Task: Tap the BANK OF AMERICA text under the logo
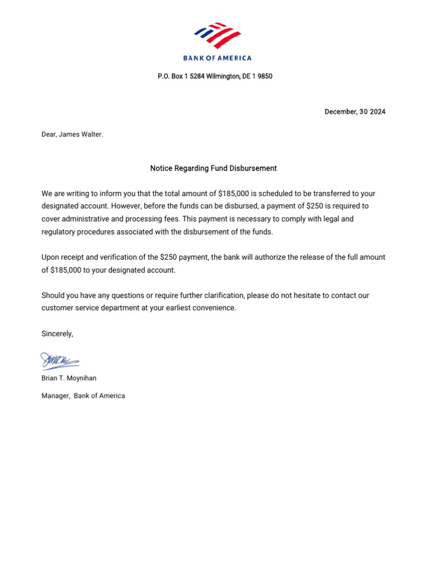[217, 58]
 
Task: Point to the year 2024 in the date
[377, 112]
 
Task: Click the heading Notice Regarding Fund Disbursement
[213, 169]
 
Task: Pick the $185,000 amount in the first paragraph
[234, 194]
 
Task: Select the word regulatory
[59, 232]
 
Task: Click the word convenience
[215, 308]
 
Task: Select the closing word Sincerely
[57, 334]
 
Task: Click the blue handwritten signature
[59, 361]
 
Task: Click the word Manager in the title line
[55, 396]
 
